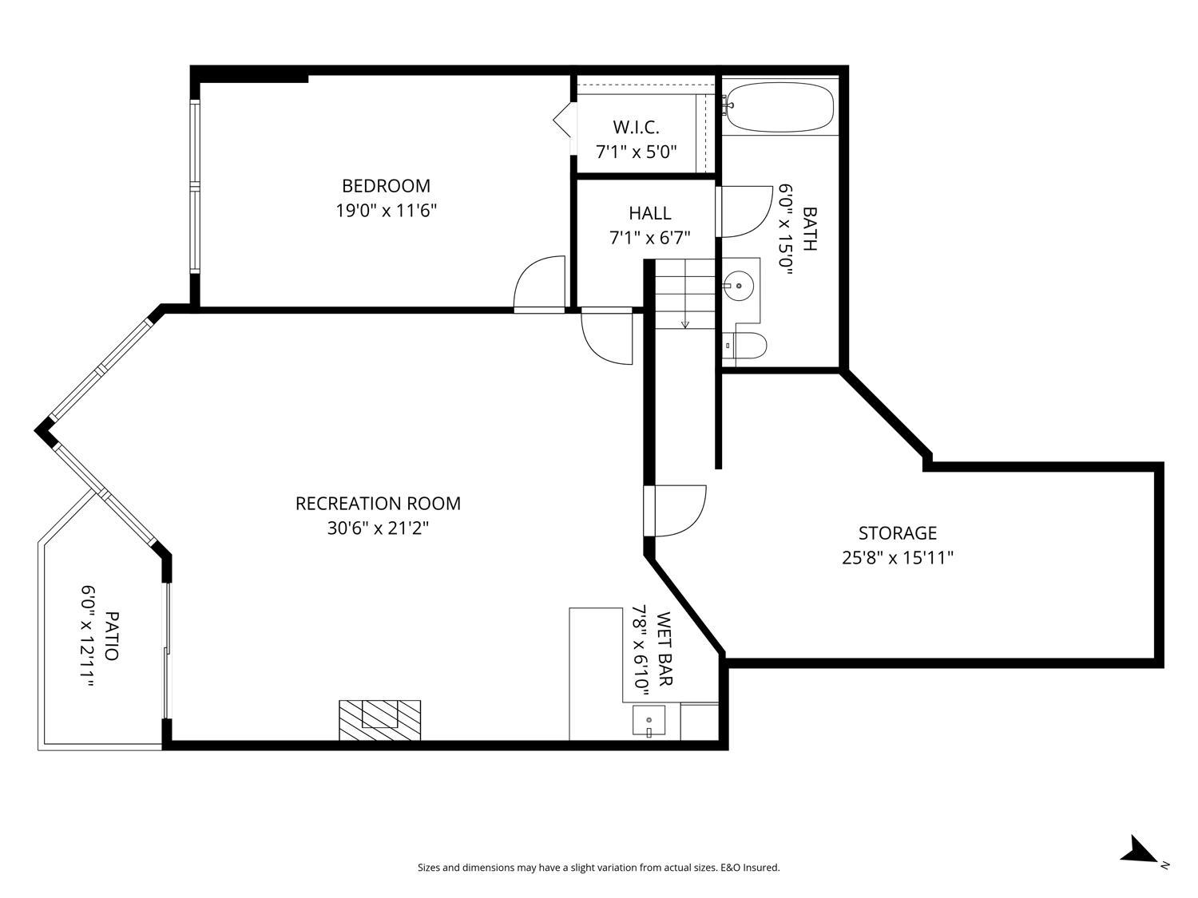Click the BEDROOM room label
(386, 186)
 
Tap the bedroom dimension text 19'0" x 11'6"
(386, 212)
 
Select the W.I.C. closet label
(636, 127)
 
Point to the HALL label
(649, 213)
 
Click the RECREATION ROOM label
(378, 504)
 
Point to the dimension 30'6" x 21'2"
(378, 528)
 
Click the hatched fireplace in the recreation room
(379, 719)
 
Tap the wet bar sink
(649, 721)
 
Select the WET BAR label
(665, 649)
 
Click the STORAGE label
(897, 532)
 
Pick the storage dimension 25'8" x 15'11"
(897, 558)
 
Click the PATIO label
(113, 635)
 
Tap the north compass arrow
(1138, 851)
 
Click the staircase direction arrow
(684, 323)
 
